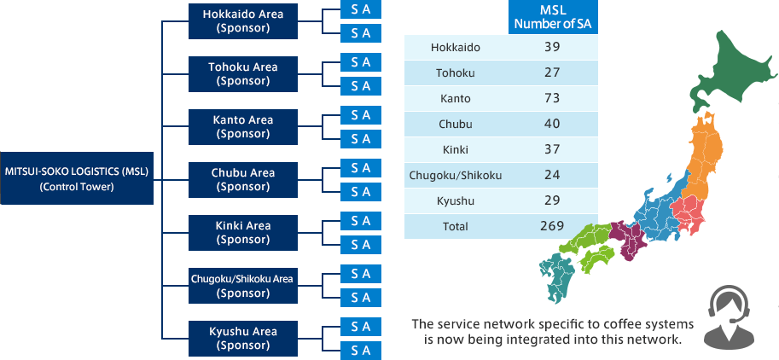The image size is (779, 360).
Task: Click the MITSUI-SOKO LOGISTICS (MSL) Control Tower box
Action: pyautogui.click(x=77, y=178)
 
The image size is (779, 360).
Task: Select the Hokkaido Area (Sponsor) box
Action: pyautogui.click(x=243, y=20)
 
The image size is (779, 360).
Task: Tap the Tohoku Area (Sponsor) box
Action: pyautogui.click(x=243, y=74)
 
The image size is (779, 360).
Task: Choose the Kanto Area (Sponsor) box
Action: pyautogui.click(x=243, y=126)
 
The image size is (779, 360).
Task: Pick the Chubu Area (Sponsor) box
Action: pyautogui.click(x=243, y=180)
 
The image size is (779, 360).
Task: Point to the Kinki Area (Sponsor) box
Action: pyautogui.click(x=243, y=233)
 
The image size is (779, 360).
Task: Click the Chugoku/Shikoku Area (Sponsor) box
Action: pyautogui.click(x=243, y=286)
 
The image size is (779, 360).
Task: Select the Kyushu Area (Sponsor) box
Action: pyautogui.click(x=243, y=339)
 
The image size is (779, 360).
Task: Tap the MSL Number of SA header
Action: pyautogui.click(x=553, y=17)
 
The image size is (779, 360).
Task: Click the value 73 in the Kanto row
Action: pyautogui.click(x=551, y=98)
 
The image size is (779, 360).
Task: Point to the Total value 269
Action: pyautogui.click(x=552, y=226)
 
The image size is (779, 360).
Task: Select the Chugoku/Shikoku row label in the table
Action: pyautogui.click(x=455, y=176)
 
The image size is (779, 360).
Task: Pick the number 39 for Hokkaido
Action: pyautogui.click(x=551, y=47)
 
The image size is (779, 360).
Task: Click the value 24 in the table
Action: pyautogui.click(x=551, y=175)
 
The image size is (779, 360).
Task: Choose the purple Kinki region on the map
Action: pyautogui.click(x=628, y=240)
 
